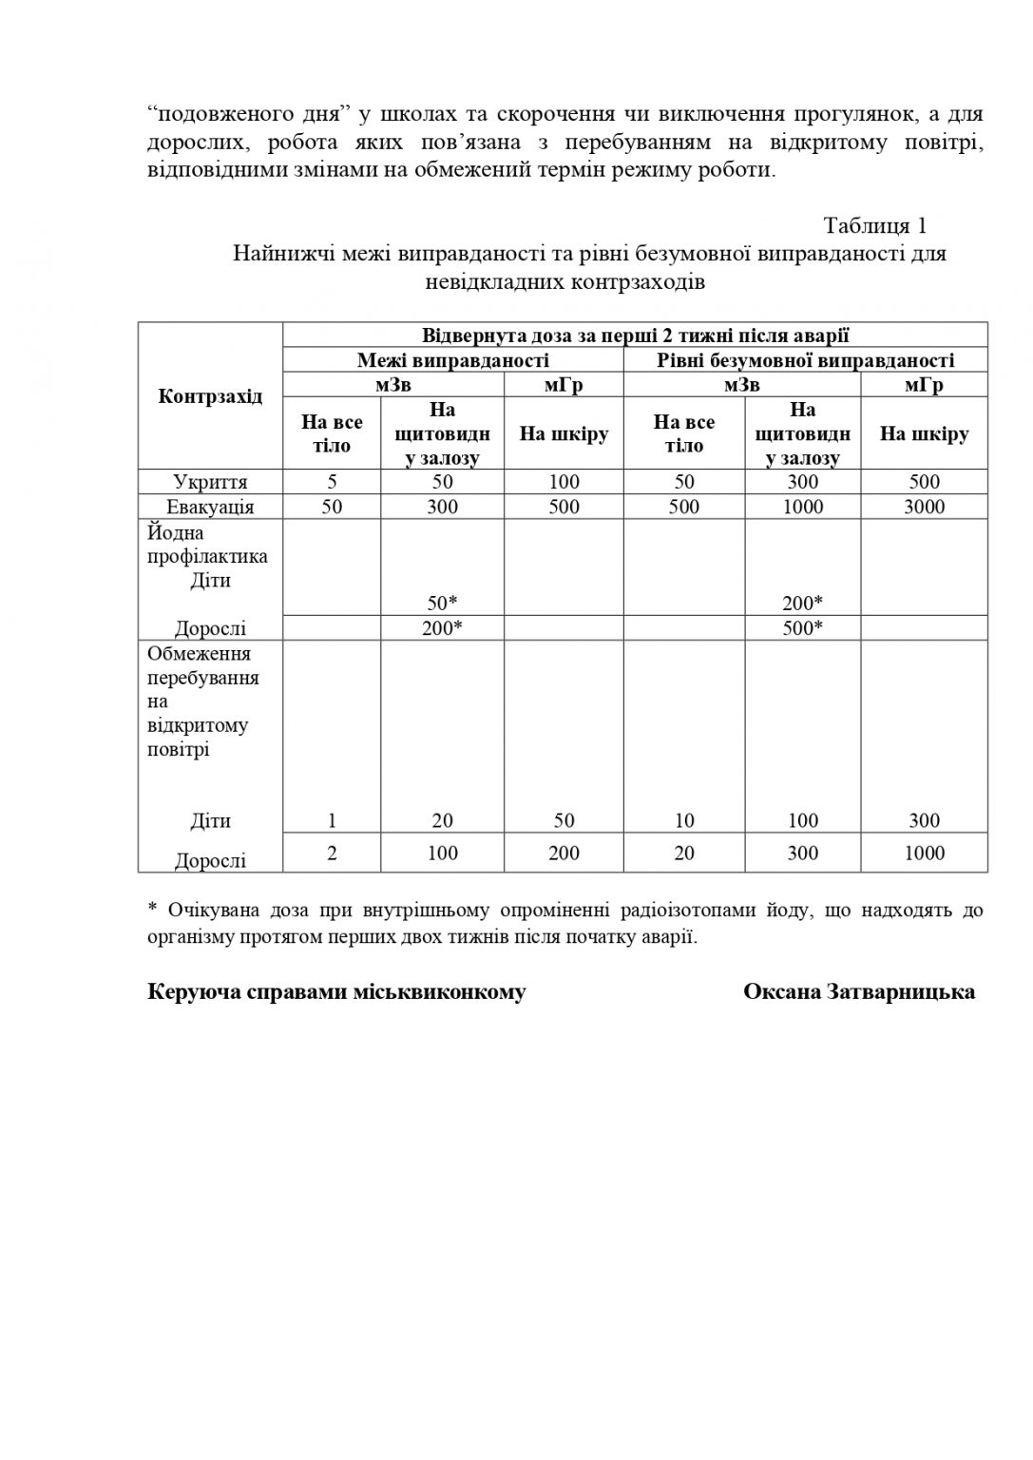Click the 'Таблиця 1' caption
click(x=874, y=226)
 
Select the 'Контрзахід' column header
click(x=210, y=396)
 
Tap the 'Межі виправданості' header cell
click(x=453, y=360)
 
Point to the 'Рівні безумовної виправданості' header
click(x=805, y=360)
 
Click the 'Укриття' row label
click(x=210, y=482)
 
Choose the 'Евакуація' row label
click(x=210, y=507)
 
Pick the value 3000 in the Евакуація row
click(x=924, y=507)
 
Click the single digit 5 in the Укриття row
click(x=332, y=482)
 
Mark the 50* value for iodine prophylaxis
click(x=442, y=604)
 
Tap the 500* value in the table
click(x=803, y=628)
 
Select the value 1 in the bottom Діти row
click(x=332, y=820)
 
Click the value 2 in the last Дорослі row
click(x=332, y=853)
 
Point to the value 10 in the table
click(x=684, y=820)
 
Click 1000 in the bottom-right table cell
click(x=924, y=853)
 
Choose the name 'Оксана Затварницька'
click(x=858, y=992)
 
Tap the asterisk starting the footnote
click(x=152, y=910)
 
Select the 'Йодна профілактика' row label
click(x=207, y=545)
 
